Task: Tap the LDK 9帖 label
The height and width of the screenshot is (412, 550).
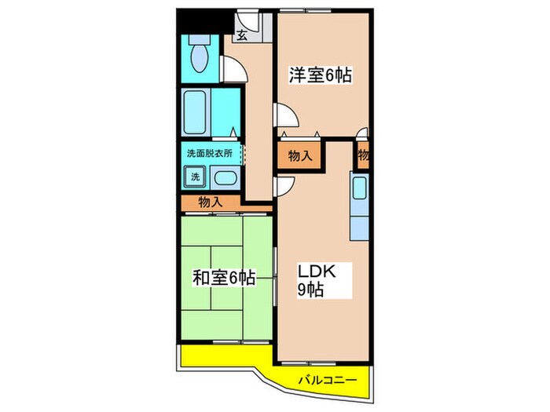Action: pos(317,280)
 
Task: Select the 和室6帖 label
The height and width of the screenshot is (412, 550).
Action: pos(224,278)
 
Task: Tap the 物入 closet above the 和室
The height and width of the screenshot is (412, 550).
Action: pos(210,202)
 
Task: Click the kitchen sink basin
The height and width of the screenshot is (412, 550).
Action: pos(359,188)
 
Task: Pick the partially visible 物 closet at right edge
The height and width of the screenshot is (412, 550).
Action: pos(363,155)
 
